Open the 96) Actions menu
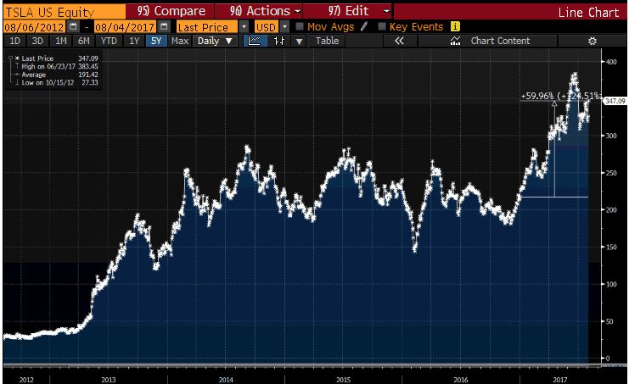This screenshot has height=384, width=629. pos(258,12)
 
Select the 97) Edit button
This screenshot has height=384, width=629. pos(346,12)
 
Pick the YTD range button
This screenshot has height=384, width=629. pos(109,41)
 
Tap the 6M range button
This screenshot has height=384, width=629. pos(83,41)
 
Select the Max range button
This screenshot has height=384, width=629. pos(179,41)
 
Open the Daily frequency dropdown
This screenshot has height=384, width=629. pos(214,41)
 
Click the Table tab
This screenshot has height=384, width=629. pos(327,41)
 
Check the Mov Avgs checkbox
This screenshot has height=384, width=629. pos(300,27)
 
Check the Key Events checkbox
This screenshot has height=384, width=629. pos(382,27)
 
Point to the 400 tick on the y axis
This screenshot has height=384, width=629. pos(609,62)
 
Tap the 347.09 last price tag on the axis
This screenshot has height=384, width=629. pos(614,101)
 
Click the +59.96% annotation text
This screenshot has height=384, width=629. pos(536,97)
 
